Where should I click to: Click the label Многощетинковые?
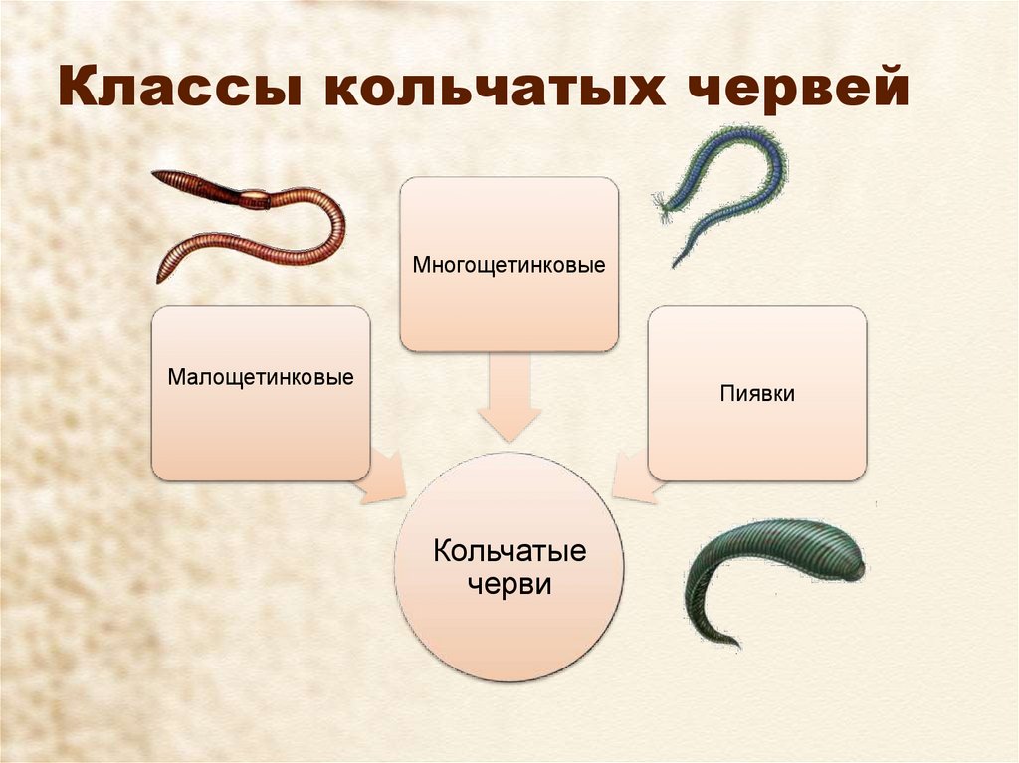(509, 266)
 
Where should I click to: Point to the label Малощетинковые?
(261, 378)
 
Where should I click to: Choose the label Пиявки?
(757, 393)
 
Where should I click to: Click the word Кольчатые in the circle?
(509, 551)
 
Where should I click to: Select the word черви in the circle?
(509, 584)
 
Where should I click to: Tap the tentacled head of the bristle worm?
(664, 204)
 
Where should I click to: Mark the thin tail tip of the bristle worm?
(675, 266)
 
